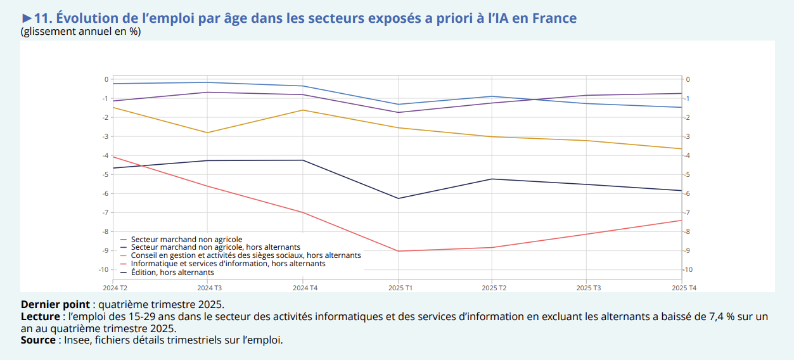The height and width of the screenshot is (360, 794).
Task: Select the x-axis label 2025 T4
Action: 684,288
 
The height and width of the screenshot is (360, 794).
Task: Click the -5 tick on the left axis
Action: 106,174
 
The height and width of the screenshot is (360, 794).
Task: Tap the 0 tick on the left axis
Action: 106,79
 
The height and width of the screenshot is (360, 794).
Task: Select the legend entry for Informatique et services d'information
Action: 228,264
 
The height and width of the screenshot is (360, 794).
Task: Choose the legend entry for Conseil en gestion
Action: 246,255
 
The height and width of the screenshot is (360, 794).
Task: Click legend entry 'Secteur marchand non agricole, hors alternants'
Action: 215,247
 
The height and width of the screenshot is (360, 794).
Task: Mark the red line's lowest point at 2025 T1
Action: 398,251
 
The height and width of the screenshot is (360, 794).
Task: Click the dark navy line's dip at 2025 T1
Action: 398,198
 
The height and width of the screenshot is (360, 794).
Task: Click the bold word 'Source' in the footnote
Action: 38,340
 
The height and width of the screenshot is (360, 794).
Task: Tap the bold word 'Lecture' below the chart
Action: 41,316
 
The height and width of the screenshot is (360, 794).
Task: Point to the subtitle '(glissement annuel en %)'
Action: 80,31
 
